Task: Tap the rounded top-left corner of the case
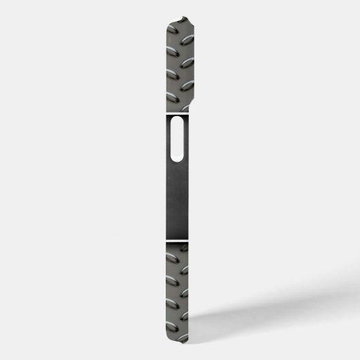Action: tap(167, 21)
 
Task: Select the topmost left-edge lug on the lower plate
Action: tap(169, 258)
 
